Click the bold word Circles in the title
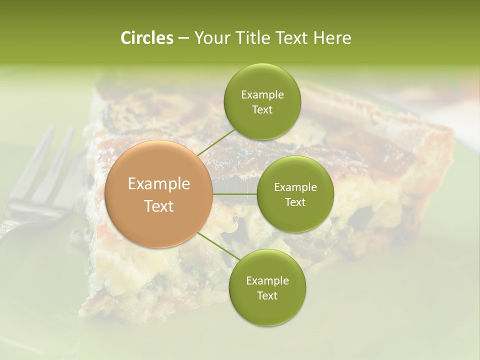click(146, 38)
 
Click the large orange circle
click(159, 194)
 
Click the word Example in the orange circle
click(159, 184)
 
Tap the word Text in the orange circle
click(159, 206)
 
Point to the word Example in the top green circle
click(262, 95)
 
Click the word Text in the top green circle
click(262, 110)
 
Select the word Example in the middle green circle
click(295, 187)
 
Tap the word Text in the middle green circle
click(295, 202)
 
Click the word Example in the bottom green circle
click(267, 281)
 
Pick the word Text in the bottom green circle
click(267, 296)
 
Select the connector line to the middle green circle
click(235, 194)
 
